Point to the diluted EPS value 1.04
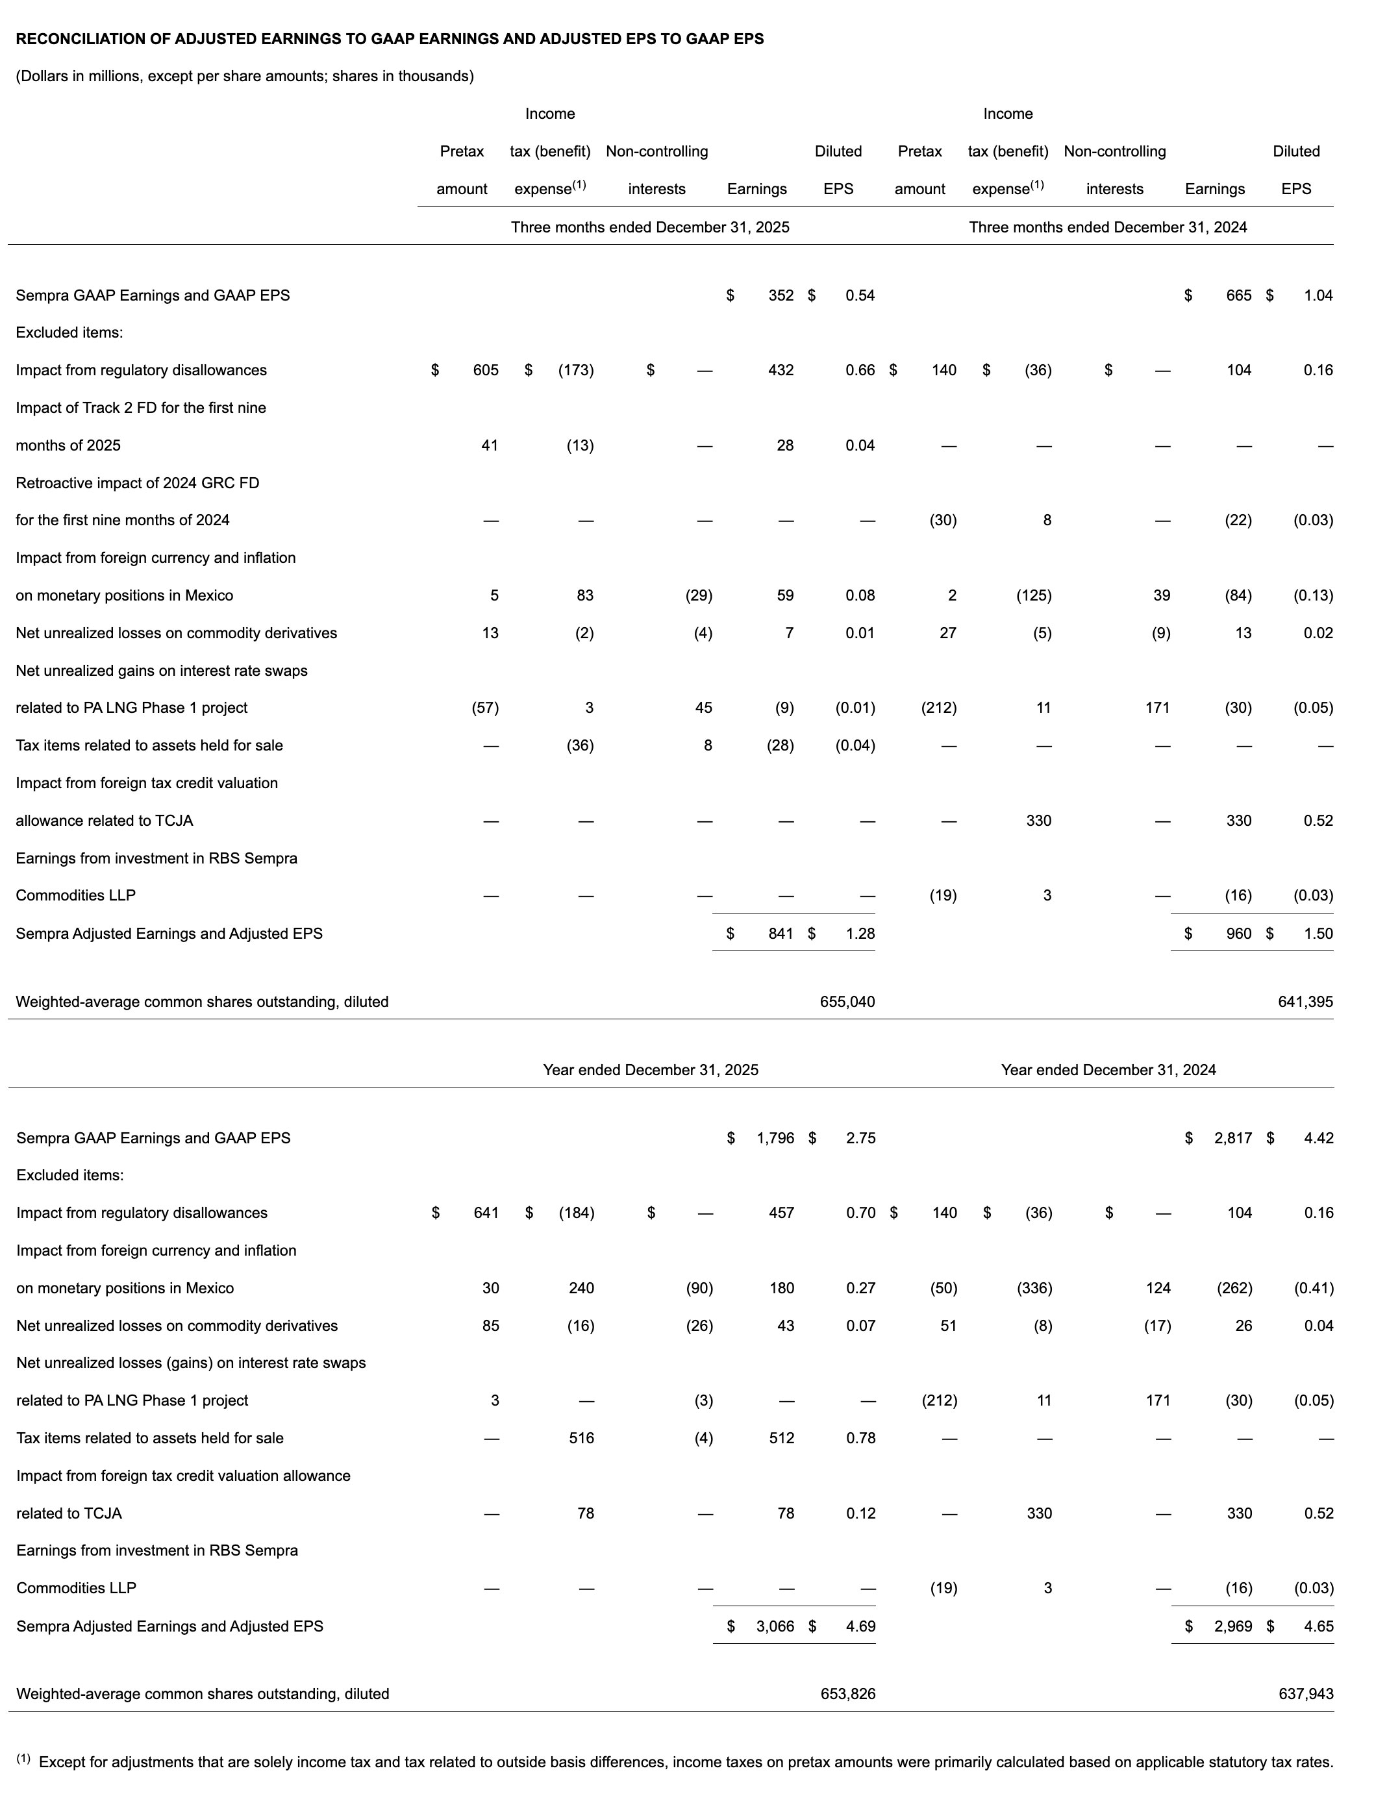click(1318, 295)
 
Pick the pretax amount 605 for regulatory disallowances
click(486, 370)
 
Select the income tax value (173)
click(575, 370)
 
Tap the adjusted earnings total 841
click(780, 934)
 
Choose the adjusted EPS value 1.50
click(1318, 934)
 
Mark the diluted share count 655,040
click(847, 1002)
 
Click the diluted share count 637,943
click(1305, 1694)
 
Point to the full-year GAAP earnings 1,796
click(775, 1138)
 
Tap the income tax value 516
click(581, 1438)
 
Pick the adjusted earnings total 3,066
click(775, 1626)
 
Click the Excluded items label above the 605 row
click(69, 332)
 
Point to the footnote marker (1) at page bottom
click(23, 1759)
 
